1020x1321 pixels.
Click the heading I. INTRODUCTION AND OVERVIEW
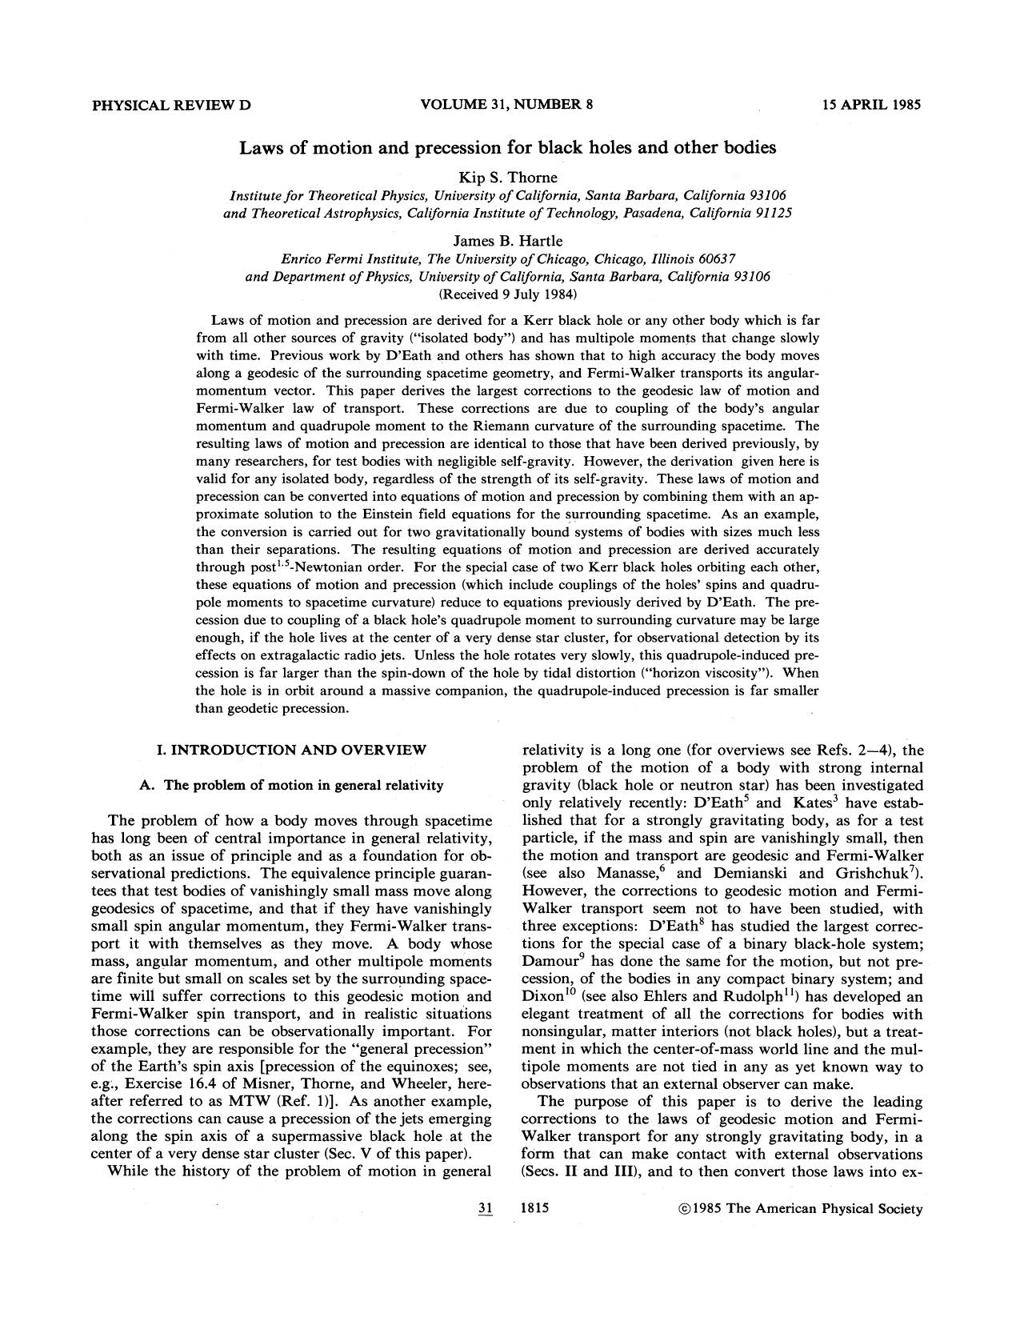(291, 750)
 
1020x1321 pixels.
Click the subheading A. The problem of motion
(291, 785)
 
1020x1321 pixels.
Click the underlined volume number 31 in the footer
(483, 1209)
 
